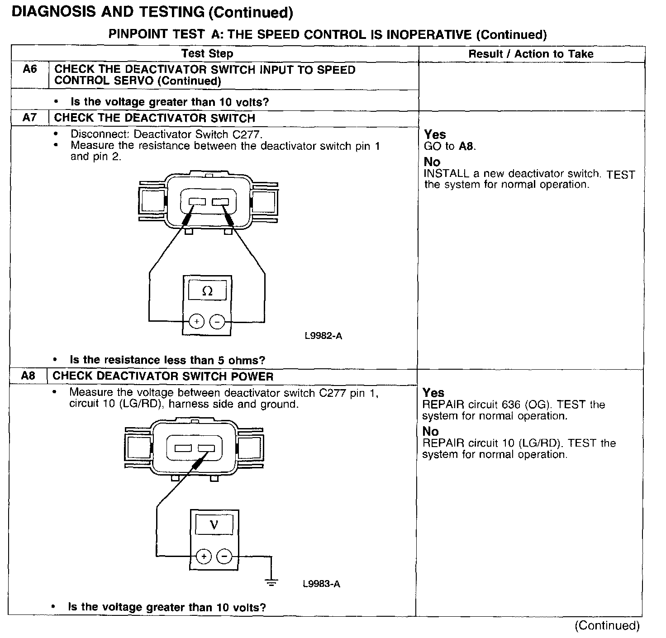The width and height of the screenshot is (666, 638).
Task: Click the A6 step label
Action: [x=29, y=70]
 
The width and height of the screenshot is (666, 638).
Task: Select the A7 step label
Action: [x=29, y=118]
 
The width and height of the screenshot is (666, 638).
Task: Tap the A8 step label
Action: [x=28, y=376]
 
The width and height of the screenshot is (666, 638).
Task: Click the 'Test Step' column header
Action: [x=207, y=54]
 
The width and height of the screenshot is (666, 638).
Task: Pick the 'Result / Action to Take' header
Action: [x=530, y=54]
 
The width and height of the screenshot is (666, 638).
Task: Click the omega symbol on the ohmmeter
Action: [x=207, y=291]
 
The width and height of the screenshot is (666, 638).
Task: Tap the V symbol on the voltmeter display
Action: [x=214, y=525]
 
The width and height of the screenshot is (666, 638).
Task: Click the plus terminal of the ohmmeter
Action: [x=197, y=322]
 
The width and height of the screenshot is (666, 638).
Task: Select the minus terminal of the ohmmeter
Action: [x=218, y=322]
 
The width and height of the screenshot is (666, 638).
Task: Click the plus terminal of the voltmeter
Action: [x=204, y=556]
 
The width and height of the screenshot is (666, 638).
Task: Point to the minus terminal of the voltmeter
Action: [x=224, y=556]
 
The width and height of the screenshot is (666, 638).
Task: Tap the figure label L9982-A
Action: [x=323, y=336]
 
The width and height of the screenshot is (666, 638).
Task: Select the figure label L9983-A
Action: [x=321, y=584]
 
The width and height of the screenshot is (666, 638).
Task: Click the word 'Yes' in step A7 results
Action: [x=435, y=134]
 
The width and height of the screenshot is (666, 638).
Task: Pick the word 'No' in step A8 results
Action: [x=430, y=431]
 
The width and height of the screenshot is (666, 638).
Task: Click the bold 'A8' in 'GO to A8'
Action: [x=466, y=146]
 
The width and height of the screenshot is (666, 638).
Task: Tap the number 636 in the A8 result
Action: [x=511, y=405]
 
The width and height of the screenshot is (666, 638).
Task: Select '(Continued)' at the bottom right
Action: [x=607, y=625]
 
